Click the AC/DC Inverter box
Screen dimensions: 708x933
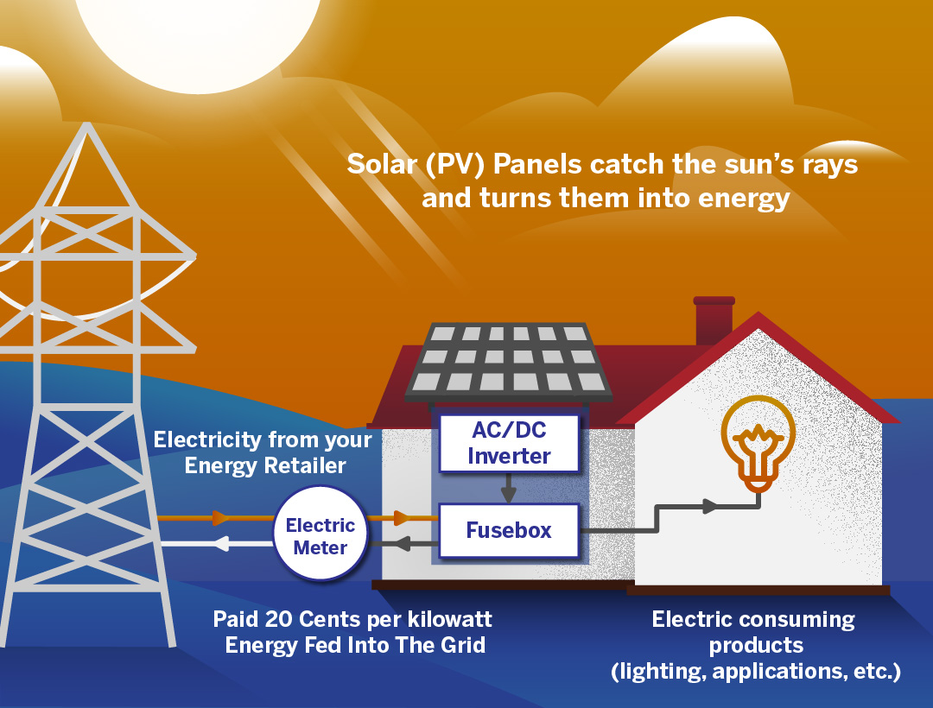[x=509, y=443]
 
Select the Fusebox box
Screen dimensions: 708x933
[x=509, y=530]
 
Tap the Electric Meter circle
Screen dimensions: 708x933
[x=321, y=536]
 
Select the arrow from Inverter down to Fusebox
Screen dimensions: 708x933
[x=509, y=488]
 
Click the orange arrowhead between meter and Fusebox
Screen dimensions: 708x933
[x=402, y=518]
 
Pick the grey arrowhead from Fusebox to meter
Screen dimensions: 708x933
[x=402, y=543]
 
